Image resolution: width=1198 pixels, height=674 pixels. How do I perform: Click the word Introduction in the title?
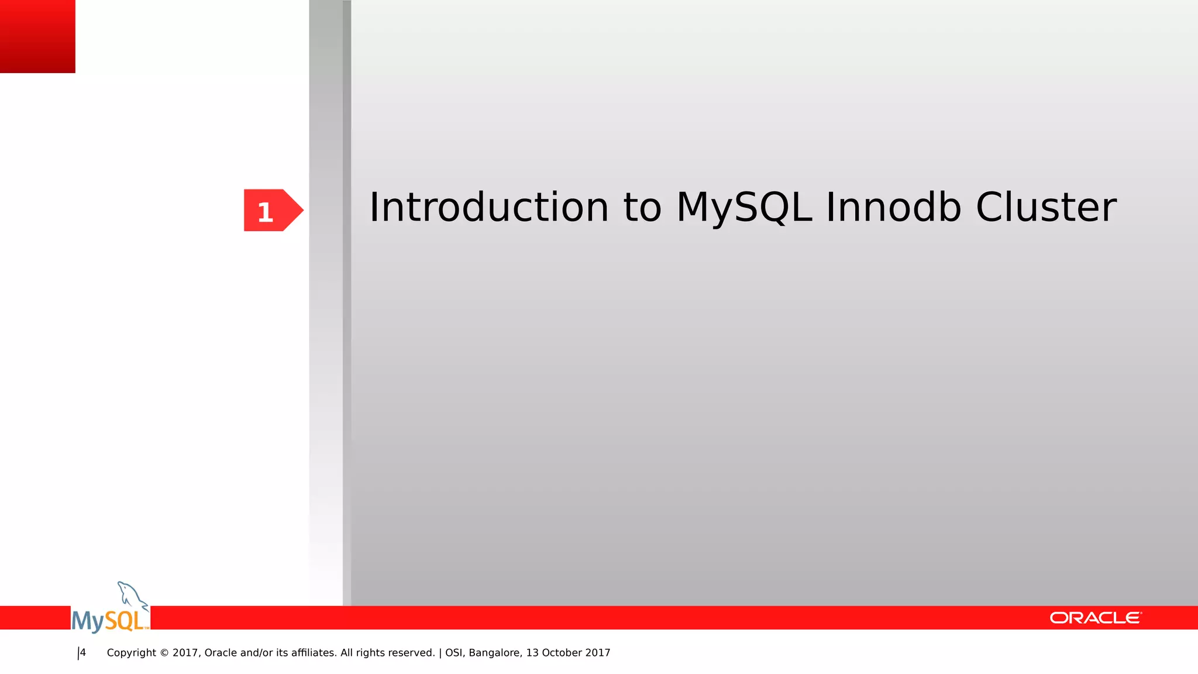click(489, 208)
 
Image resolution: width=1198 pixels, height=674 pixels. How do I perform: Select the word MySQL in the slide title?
click(744, 208)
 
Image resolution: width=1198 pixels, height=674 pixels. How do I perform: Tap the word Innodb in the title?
click(893, 208)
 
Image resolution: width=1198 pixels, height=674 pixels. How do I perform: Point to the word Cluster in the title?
click(1046, 208)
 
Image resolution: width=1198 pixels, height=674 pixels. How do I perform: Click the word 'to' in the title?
click(642, 208)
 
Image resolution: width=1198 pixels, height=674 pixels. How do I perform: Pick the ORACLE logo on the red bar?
click(1095, 618)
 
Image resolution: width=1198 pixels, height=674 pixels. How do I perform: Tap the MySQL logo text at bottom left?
click(109, 621)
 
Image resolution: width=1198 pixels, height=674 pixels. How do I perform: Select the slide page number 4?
click(83, 653)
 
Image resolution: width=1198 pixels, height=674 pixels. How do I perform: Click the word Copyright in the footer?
click(132, 653)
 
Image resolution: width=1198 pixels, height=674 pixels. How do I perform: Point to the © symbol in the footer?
click(164, 653)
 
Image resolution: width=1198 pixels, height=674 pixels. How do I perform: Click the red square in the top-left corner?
click(37, 36)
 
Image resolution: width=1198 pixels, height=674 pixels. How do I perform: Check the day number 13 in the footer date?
click(532, 653)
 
